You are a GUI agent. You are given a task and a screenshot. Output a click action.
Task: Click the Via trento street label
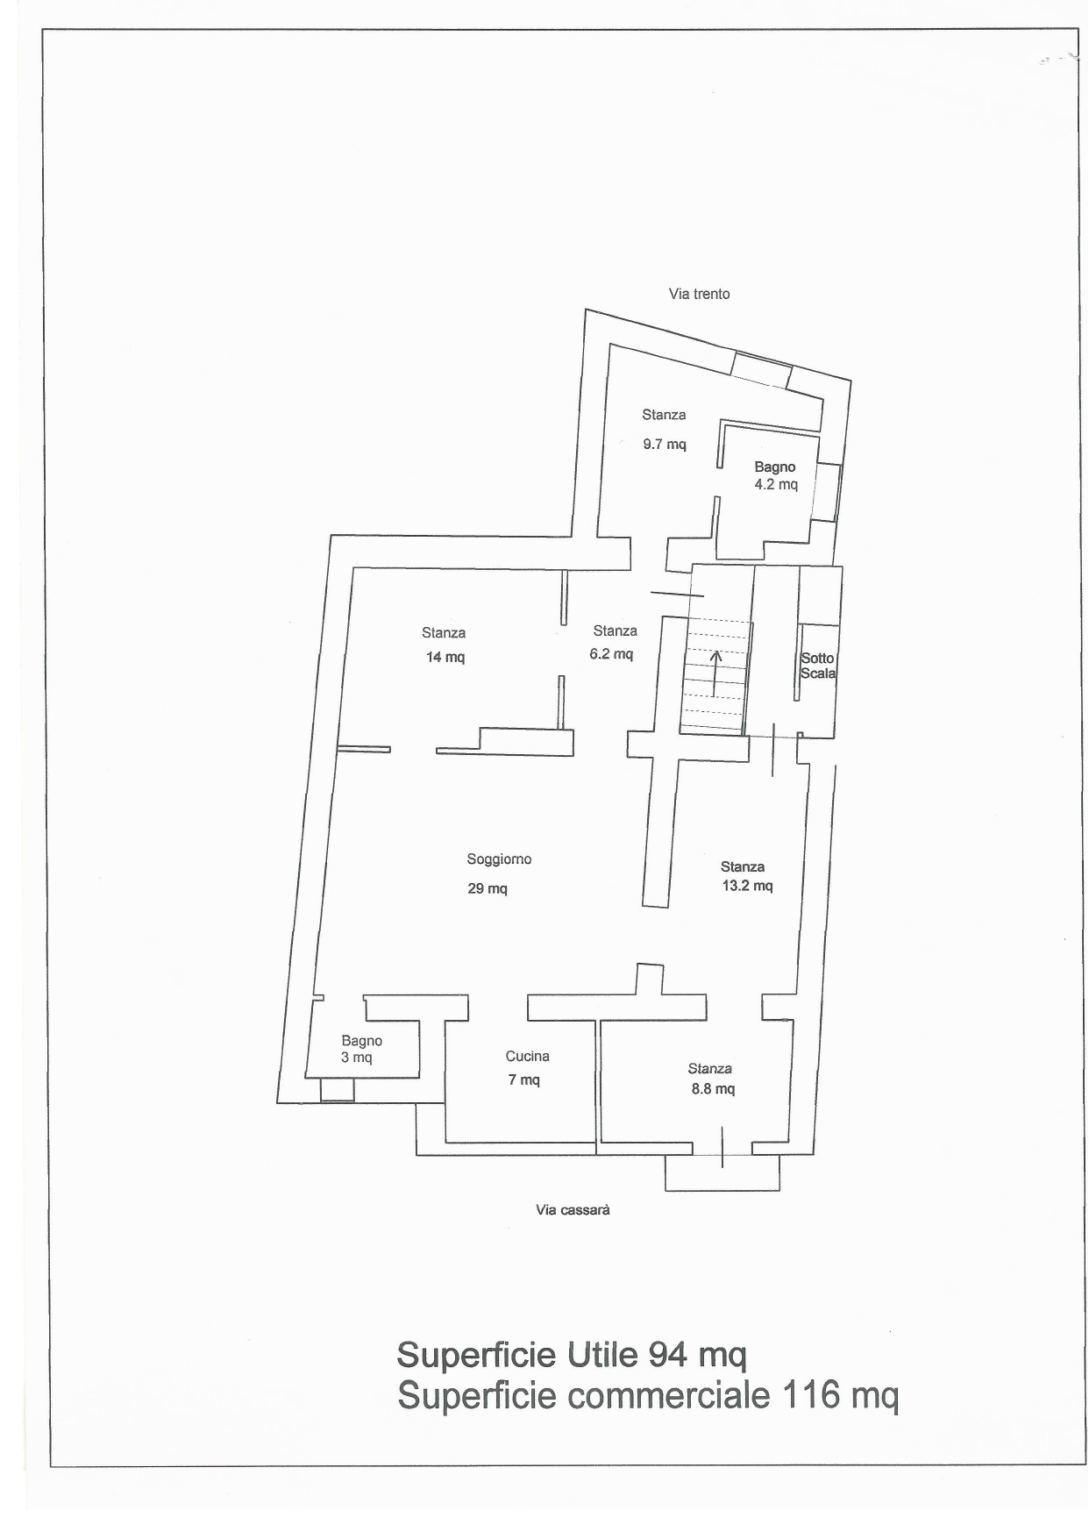point(699,294)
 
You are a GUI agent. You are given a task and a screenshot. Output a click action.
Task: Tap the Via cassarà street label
point(573,1210)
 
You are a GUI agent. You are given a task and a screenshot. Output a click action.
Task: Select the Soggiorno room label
point(499,859)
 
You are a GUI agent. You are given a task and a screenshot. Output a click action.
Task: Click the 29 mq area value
point(488,888)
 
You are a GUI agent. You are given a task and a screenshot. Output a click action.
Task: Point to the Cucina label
point(527,1057)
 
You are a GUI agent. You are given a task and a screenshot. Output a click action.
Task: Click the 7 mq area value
point(524,1079)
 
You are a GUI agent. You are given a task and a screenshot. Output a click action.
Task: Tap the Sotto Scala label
point(818,666)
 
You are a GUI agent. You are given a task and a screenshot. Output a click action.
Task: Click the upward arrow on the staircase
point(715,673)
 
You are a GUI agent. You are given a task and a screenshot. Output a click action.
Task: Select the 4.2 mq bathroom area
point(776,484)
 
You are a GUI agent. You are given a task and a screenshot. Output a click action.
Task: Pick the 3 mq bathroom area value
point(357,1058)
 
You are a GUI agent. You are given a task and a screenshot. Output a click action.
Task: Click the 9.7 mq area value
point(665,444)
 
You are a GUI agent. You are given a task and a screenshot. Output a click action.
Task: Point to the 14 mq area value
point(445,657)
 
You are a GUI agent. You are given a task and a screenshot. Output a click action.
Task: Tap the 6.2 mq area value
point(611,654)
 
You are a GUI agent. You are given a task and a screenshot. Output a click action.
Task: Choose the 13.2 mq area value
point(747,886)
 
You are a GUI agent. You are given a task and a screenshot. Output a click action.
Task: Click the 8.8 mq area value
point(713,1089)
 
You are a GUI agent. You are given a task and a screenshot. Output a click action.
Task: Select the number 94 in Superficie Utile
point(668,1354)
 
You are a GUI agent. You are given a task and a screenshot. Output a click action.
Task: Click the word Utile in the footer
point(602,1354)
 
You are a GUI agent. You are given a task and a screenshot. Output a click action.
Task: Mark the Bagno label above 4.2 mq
point(775,467)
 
